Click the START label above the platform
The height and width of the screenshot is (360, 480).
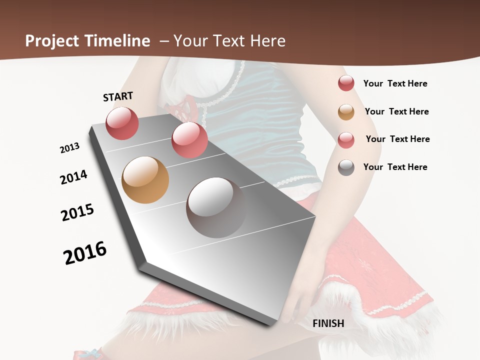click(118, 96)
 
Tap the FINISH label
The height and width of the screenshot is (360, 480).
click(328, 323)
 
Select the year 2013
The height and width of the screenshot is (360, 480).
click(69, 148)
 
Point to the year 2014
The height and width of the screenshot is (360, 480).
click(74, 177)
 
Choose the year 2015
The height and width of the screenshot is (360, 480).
click(77, 212)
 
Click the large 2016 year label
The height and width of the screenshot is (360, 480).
click(85, 253)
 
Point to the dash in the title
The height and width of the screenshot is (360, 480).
click(163, 41)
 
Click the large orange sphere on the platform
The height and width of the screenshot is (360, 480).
click(145, 180)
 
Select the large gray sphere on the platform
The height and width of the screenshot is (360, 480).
click(216, 207)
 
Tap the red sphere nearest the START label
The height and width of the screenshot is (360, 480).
click(122, 123)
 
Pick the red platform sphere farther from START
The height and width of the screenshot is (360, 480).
click(189, 140)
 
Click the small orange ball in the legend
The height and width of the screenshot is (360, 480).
click(346, 112)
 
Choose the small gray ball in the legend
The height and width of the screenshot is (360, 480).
click(346, 167)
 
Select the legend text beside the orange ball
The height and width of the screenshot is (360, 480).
click(396, 111)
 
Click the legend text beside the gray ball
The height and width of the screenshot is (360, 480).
click(395, 167)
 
